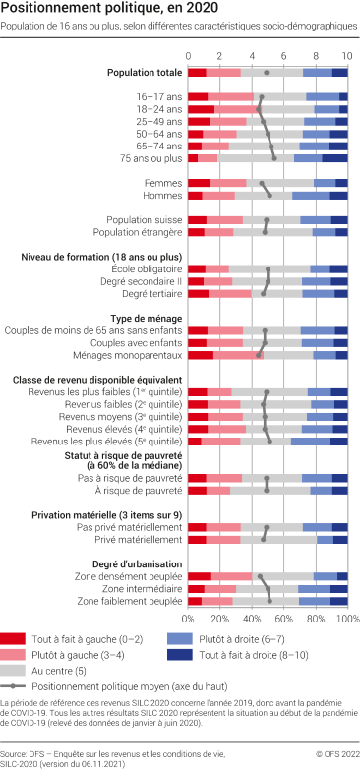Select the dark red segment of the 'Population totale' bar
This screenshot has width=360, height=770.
point(197,72)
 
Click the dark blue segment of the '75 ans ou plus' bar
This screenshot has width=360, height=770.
point(334,157)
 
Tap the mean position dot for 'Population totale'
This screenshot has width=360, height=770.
point(267,72)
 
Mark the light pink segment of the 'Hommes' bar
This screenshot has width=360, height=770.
point(218,195)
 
